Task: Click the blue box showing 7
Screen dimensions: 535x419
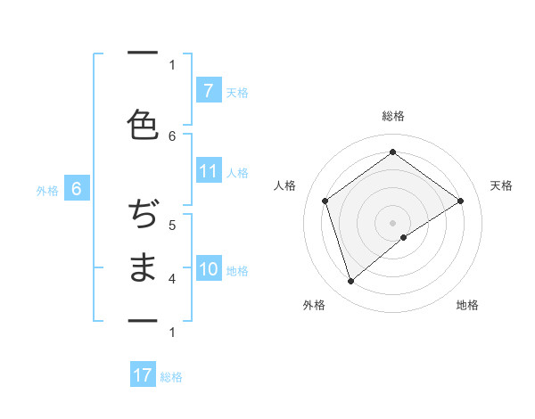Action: pyautogui.click(x=208, y=90)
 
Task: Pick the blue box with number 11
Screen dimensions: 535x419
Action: pyautogui.click(x=208, y=172)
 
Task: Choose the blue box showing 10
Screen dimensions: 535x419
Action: pyautogui.click(x=208, y=269)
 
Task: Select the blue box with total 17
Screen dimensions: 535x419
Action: pyautogui.click(x=143, y=375)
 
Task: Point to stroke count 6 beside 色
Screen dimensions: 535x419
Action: pyautogui.click(x=173, y=136)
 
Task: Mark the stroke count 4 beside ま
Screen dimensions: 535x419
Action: pyautogui.click(x=172, y=279)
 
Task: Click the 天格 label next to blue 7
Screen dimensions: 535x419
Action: pyautogui.click(x=237, y=92)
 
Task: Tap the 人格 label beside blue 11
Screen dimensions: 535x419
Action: pyautogui.click(x=237, y=173)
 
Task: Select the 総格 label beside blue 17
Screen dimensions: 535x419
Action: pyautogui.click(x=171, y=377)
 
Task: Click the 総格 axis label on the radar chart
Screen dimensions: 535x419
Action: pyautogui.click(x=392, y=116)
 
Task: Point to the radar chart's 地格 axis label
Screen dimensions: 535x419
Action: pyautogui.click(x=467, y=305)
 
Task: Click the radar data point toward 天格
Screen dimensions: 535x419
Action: pyautogui.click(x=460, y=201)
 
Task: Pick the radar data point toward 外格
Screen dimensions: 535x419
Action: pyautogui.click(x=350, y=282)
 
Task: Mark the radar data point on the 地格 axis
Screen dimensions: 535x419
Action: pyautogui.click(x=404, y=237)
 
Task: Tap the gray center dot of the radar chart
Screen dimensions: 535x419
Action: pyautogui.click(x=392, y=222)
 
